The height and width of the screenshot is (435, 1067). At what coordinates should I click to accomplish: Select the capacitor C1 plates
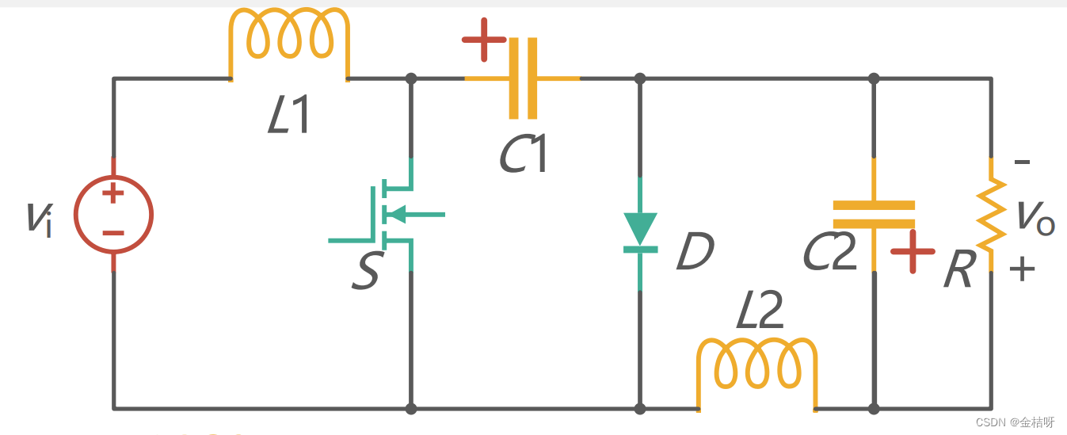522,78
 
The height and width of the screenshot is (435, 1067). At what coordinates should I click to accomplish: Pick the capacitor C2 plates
874,214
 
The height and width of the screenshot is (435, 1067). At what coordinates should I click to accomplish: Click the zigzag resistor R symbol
991,214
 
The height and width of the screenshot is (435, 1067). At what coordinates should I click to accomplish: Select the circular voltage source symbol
113,214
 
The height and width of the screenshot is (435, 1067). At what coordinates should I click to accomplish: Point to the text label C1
524,155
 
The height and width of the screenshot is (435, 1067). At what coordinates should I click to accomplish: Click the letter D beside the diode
695,252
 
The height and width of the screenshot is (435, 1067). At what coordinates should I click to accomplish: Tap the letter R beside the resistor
958,272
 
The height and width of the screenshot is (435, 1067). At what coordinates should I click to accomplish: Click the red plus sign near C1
483,40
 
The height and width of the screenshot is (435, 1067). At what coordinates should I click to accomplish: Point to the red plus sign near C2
913,251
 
